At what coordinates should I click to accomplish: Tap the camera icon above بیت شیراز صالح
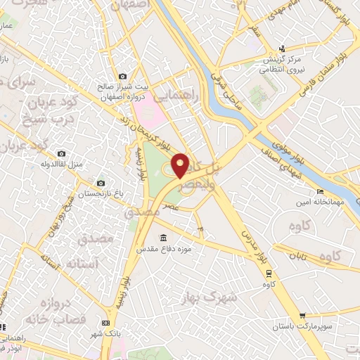[x=123, y=77]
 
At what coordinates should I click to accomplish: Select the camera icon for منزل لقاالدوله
[x=61, y=153]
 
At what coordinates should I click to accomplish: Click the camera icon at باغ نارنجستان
[x=99, y=183]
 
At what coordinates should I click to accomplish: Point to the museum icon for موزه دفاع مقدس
[x=164, y=237]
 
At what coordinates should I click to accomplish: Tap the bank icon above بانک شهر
[x=105, y=322]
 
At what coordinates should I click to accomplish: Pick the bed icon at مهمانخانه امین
[x=320, y=191]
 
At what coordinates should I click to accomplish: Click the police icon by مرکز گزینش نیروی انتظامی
[x=281, y=49]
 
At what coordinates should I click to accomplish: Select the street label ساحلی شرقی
[x=230, y=91]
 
